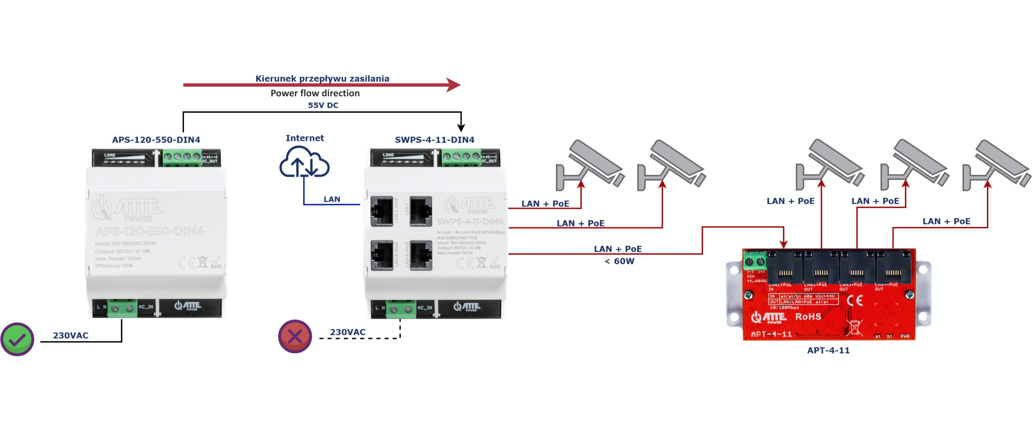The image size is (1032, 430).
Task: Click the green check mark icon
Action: click(x=17, y=339)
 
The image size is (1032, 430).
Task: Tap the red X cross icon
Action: click(x=295, y=336)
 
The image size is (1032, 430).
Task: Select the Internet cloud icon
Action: click(x=304, y=162)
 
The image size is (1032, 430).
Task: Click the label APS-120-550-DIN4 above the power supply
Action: click(x=156, y=140)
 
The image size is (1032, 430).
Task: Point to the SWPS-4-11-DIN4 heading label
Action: click(x=434, y=140)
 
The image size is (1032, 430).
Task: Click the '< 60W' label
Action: click(x=619, y=261)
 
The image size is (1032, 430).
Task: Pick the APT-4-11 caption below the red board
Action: click(x=828, y=350)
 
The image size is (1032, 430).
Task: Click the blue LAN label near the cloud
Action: click(x=332, y=199)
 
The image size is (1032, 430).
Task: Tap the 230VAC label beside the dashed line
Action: click(x=347, y=332)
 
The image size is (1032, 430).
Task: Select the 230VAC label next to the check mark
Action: click(x=71, y=335)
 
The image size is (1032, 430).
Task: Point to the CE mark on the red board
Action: click(x=855, y=300)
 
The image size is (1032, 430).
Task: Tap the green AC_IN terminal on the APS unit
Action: click(x=122, y=308)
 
